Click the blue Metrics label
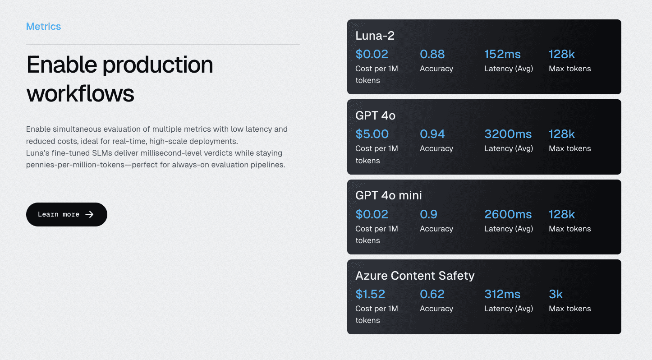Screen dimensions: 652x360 pyautogui.click(x=43, y=27)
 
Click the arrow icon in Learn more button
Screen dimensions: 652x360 pyautogui.click(x=90, y=214)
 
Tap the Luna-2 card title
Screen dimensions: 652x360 pyautogui.click(x=375, y=36)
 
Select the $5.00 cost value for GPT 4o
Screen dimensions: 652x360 pyautogui.click(x=372, y=134)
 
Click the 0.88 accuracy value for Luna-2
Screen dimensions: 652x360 pyautogui.click(x=432, y=54)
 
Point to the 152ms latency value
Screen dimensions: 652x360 pyautogui.click(x=502, y=54)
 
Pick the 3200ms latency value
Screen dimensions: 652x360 pyautogui.click(x=508, y=134)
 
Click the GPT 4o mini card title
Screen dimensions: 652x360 pyautogui.click(x=389, y=195)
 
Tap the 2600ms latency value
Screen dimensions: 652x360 pyautogui.click(x=508, y=214)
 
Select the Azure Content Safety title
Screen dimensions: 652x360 pyautogui.click(x=415, y=276)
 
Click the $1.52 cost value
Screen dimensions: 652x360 pyautogui.click(x=370, y=294)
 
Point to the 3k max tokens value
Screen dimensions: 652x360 pyautogui.click(x=556, y=294)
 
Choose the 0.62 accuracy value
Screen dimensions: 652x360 pyautogui.click(x=432, y=294)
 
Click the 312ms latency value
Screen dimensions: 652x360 pyautogui.click(x=502, y=294)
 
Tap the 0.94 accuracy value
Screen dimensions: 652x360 pyautogui.click(x=432, y=134)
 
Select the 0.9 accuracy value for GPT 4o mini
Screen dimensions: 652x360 pyautogui.click(x=428, y=214)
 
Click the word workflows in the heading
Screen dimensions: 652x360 pyautogui.click(x=80, y=94)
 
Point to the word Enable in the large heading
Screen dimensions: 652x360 pyautogui.click(x=62, y=65)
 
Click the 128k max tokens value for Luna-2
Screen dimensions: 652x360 pyautogui.click(x=562, y=54)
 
